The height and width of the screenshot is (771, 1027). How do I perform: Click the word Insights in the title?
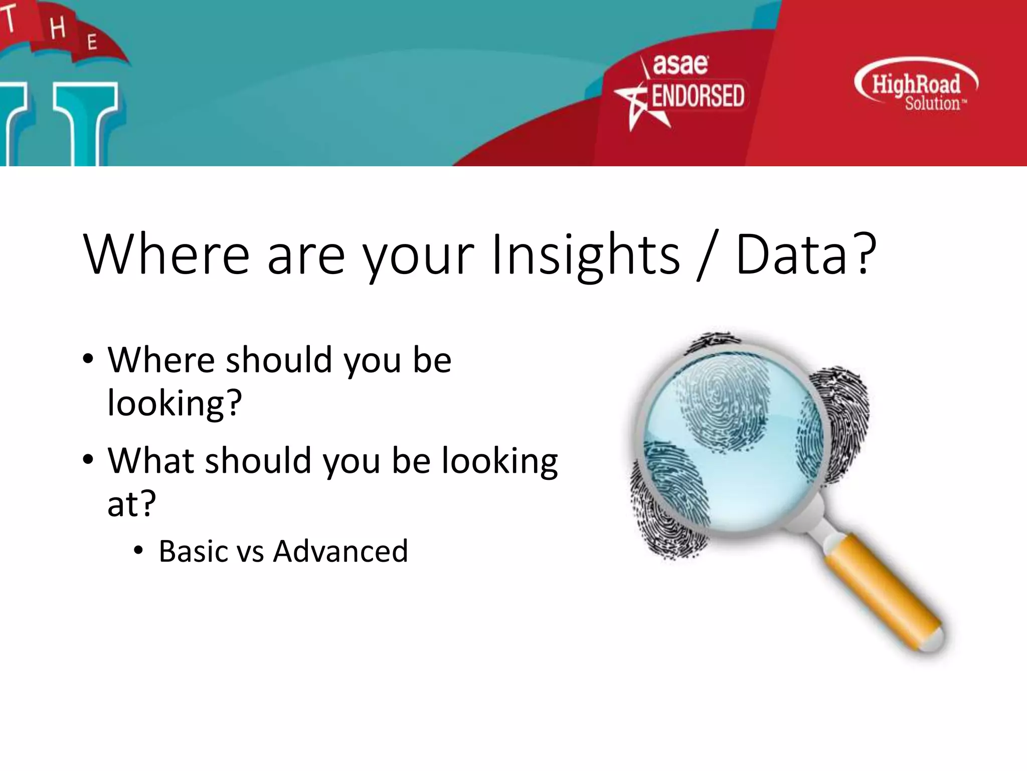586,254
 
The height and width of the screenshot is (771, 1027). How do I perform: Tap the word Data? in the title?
805,254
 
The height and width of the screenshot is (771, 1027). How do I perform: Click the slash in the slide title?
707,254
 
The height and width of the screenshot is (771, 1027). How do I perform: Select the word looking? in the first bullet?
175,403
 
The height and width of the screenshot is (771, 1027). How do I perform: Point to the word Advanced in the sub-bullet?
340,551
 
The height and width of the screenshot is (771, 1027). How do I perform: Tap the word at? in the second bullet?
131,503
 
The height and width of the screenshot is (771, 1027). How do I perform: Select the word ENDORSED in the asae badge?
698,96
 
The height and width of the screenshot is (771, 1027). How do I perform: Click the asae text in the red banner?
680,64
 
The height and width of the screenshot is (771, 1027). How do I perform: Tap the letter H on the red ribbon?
58,28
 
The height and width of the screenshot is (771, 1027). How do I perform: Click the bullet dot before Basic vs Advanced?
138,551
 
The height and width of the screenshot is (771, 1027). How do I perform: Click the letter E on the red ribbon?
92,42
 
